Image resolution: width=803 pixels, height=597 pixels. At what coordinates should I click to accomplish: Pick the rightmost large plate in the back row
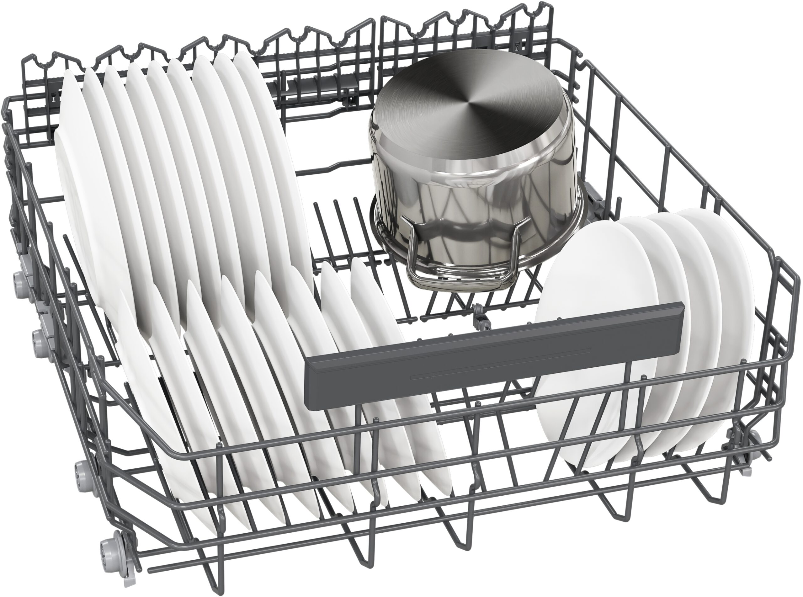point(274,152)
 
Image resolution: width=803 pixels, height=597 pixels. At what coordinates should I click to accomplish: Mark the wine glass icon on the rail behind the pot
point(518,47)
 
